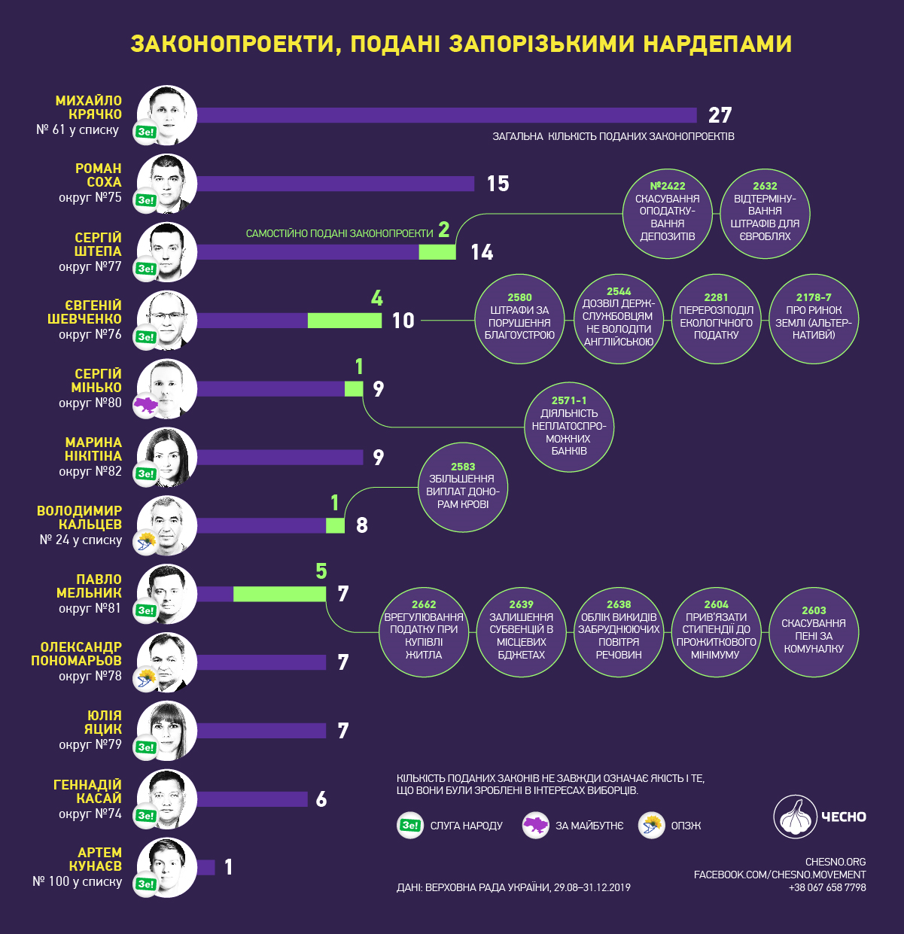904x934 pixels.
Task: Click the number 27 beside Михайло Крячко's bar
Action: click(720, 115)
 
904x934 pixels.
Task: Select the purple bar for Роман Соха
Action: click(335, 184)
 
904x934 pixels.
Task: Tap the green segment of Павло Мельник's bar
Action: click(279, 594)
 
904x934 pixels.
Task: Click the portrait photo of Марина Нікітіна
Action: click(167, 457)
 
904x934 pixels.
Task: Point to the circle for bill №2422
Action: click(668, 214)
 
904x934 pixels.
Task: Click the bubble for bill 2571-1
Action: click(568, 427)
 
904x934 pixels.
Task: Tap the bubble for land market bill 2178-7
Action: click(814, 319)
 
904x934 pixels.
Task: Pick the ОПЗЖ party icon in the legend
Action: click(651, 826)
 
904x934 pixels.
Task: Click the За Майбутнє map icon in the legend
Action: click(535, 826)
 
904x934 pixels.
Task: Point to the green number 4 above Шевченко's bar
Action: click(377, 298)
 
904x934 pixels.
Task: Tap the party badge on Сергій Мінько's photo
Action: click(145, 406)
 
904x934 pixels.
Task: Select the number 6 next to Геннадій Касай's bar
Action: click(321, 799)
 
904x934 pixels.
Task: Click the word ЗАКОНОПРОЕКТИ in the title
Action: click(230, 44)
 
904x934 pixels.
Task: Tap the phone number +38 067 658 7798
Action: click(826, 887)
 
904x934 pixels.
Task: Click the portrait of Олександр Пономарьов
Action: click(167, 662)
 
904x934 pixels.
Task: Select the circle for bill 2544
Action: click(619, 319)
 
